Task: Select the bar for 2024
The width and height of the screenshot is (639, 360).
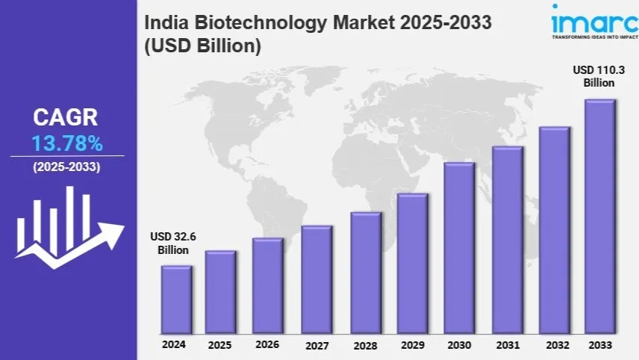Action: (176, 300)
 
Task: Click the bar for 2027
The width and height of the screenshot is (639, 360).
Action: (317, 279)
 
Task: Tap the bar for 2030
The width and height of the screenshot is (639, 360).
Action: (459, 248)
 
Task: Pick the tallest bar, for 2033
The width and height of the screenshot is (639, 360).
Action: (600, 217)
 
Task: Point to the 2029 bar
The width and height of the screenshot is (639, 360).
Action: (412, 264)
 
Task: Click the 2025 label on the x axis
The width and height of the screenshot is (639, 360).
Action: (219, 345)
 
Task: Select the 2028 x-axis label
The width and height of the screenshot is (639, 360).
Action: (365, 346)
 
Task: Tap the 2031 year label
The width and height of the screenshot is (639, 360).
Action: (508, 345)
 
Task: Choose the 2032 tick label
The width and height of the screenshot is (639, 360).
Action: (557, 345)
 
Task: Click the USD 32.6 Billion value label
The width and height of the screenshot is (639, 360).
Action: (173, 243)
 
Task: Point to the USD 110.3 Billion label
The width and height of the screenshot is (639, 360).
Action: (599, 76)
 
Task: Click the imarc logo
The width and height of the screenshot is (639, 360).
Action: (595, 22)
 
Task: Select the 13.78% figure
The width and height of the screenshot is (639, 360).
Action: (67, 143)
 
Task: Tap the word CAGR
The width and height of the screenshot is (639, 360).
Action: (65, 117)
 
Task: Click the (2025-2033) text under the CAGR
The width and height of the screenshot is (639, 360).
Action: (67, 167)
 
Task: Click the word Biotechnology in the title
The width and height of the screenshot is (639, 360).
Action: (261, 22)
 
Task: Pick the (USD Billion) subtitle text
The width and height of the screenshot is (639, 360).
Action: (202, 46)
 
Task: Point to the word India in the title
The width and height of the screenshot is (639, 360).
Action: (166, 22)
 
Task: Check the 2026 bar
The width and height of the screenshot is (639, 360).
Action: (268, 286)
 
